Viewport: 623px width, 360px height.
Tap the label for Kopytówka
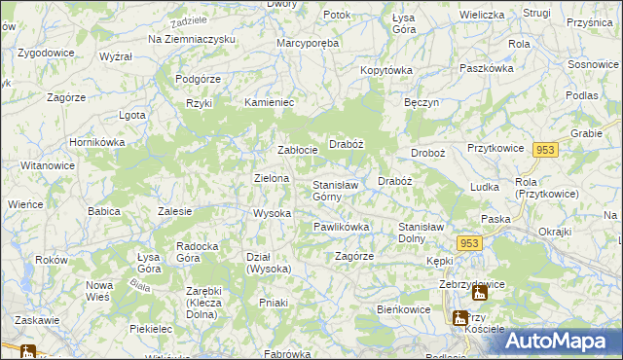(386, 70)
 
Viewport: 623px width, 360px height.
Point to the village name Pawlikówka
(341, 227)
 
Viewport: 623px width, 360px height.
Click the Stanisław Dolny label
(426, 232)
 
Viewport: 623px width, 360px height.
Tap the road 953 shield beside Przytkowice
(545, 149)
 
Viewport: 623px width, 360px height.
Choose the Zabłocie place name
(298, 150)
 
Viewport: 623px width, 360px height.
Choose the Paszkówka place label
(486, 69)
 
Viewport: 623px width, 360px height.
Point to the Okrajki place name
(554, 233)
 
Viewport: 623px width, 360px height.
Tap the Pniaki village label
(274, 303)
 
